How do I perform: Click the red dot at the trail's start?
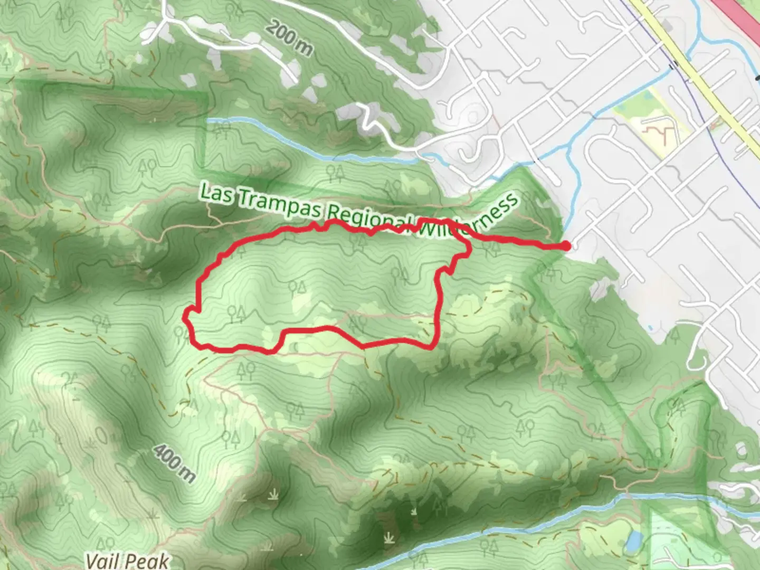click(565, 246)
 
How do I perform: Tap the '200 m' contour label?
click(289, 38)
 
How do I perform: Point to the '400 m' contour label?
click(174, 463)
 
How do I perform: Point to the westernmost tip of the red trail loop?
click(185, 318)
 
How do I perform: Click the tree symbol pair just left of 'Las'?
click(147, 168)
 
